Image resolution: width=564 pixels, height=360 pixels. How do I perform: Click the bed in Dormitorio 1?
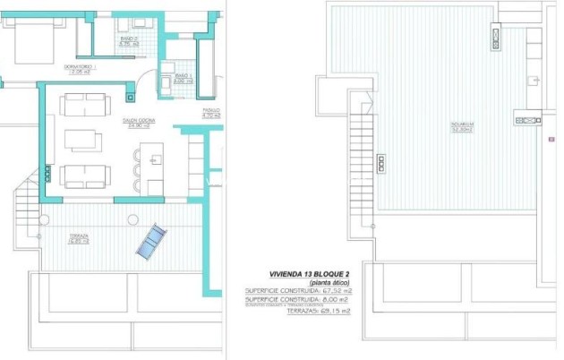(x=27, y=36)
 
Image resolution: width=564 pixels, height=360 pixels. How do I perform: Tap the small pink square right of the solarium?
(x=543, y=140)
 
